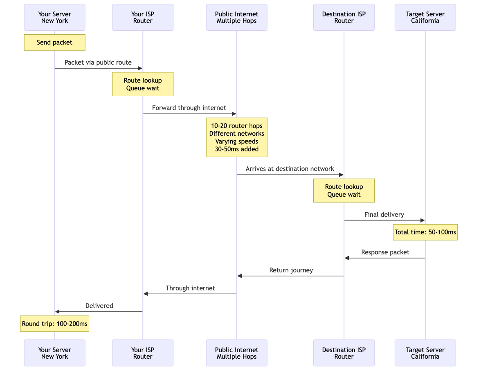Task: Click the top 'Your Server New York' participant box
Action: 54,17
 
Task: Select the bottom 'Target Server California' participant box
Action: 425,353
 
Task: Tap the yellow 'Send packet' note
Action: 54,42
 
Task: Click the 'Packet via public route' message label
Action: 98,63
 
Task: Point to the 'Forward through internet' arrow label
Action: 189,108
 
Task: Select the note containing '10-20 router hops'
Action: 236,137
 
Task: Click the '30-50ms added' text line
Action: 236,149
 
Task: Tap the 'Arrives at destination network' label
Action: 290,169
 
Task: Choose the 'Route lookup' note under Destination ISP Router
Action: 344,191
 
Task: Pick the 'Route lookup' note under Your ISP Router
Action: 143,84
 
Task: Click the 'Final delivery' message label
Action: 384,215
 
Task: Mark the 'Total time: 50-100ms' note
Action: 425,232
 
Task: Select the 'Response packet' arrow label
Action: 385,252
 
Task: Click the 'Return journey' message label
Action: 291,270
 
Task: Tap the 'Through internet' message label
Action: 190,288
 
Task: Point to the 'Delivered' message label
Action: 99,306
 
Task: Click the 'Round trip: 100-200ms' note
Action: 54,324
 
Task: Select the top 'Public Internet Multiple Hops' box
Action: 236,17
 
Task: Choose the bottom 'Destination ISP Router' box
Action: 344,353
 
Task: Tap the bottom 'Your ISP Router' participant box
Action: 143,353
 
